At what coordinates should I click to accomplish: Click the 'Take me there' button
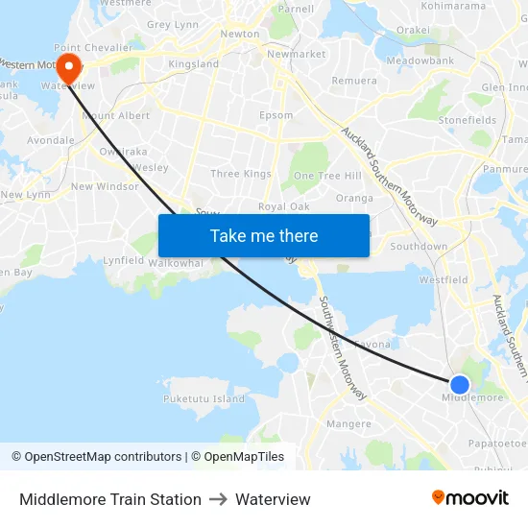[x=264, y=235]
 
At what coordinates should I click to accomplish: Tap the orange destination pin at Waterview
[x=69, y=68]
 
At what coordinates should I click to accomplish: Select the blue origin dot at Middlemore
[x=460, y=385]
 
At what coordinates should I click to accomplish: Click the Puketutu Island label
[x=204, y=398]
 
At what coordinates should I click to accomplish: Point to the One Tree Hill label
[x=327, y=176]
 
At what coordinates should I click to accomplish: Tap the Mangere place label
[x=348, y=423]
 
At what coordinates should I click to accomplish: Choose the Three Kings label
[x=241, y=174]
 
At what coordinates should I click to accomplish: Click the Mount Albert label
[x=116, y=116]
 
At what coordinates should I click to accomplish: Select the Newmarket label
[x=296, y=54]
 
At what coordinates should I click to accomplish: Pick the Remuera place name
[x=354, y=81]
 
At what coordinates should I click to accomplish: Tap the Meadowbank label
[x=419, y=60]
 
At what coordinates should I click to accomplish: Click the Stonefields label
[x=468, y=120]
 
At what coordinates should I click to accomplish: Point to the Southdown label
[x=419, y=247]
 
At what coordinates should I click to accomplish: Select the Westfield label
[x=444, y=280]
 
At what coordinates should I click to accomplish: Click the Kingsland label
[x=193, y=64]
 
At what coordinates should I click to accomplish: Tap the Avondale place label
[x=51, y=140]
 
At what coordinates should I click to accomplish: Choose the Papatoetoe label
[x=497, y=444]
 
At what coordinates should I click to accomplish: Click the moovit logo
[x=470, y=498]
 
